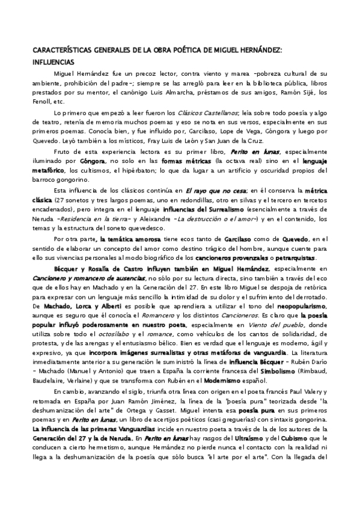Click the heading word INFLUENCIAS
click(x=53, y=61)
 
